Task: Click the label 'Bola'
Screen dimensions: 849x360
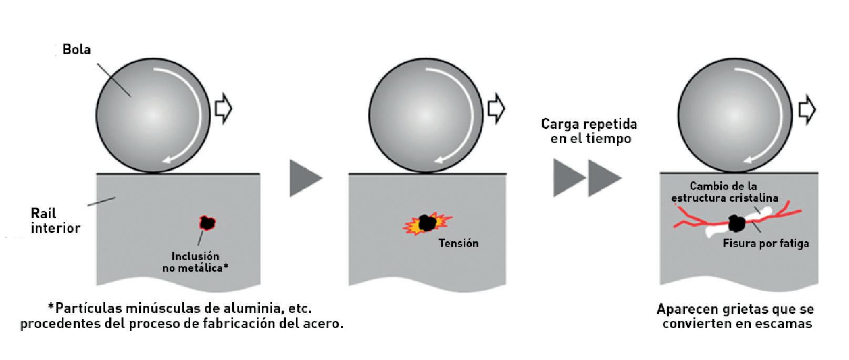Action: pos(77,50)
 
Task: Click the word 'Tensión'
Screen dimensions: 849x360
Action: pos(459,243)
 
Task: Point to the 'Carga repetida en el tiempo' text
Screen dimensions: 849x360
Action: pos(589,131)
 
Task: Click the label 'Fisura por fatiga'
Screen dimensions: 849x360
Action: pos(765,243)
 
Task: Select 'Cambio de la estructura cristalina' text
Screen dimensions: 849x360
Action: pos(724,192)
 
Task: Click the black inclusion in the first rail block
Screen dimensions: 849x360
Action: pos(208,223)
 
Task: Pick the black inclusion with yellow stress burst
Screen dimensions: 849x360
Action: pos(426,223)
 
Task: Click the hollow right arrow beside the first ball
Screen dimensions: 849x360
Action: pos(223,109)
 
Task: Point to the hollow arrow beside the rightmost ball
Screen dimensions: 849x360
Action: pos(806,109)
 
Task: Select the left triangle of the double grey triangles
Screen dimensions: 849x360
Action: pos(568,178)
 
